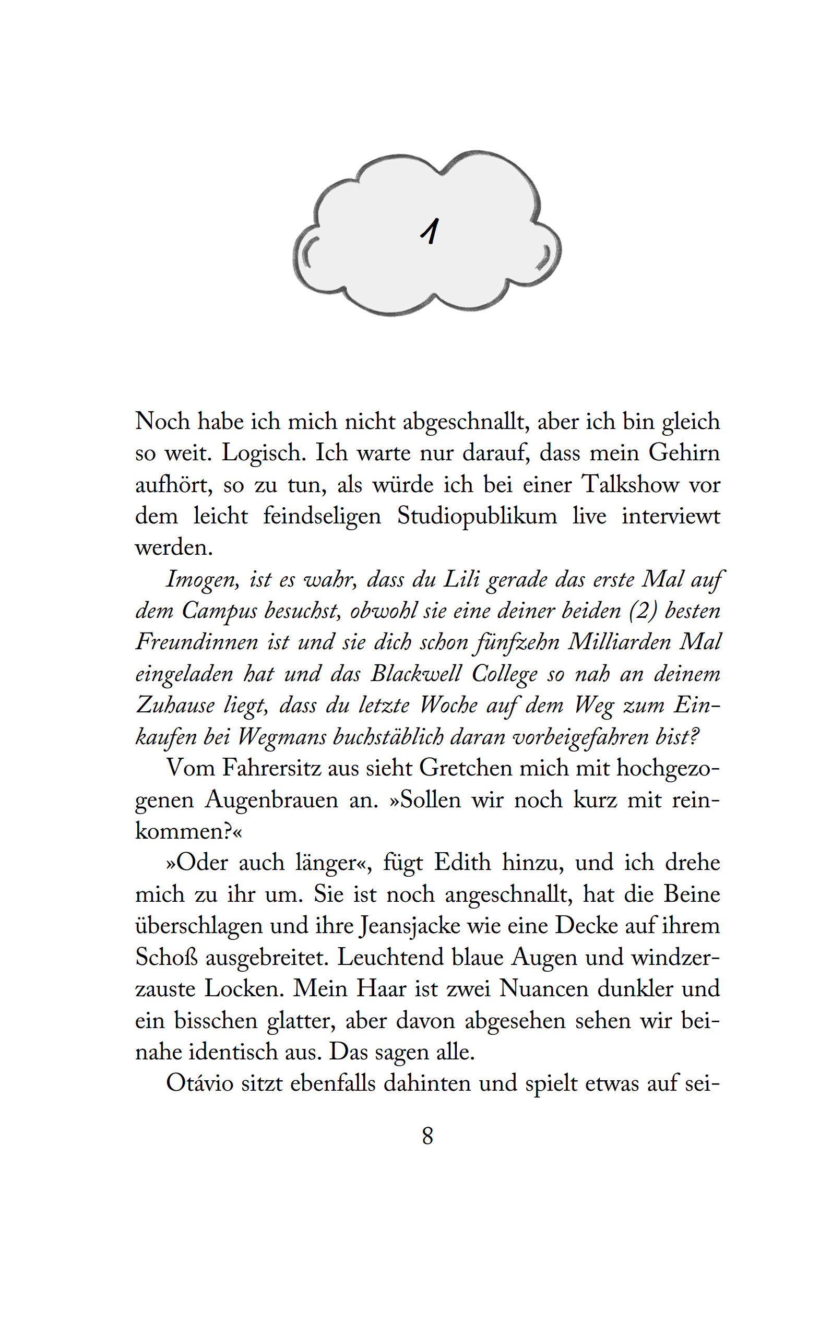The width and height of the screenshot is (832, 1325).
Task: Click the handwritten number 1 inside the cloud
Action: pos(430,231)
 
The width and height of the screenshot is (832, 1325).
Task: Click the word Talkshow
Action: pos(631,485)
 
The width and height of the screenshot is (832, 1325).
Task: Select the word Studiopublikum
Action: pos(477,517)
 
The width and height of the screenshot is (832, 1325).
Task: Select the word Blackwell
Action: pos(415,674)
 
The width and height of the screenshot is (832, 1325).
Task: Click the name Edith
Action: pos(462,863)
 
